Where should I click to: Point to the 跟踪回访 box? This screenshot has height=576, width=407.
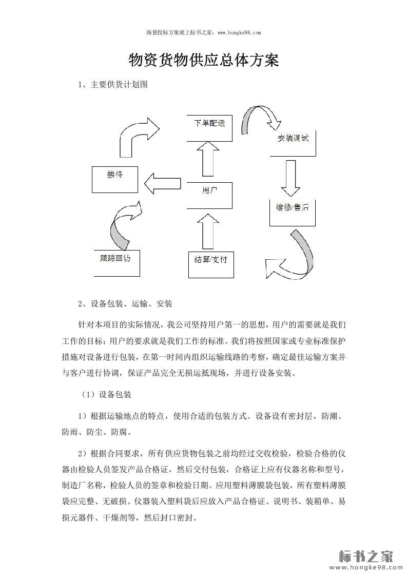pos(115,262)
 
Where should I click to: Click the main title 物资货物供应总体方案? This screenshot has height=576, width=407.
pos(203,61)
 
